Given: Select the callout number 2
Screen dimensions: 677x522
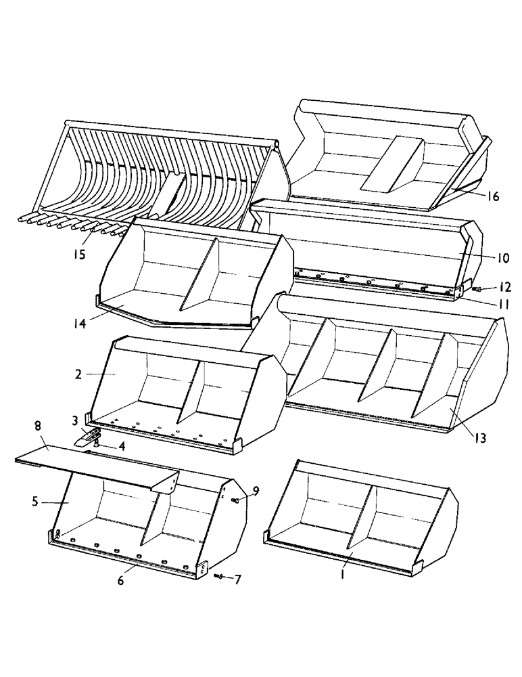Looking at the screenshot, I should click(79, 373).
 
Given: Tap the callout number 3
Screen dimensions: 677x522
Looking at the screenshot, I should click(76, 420).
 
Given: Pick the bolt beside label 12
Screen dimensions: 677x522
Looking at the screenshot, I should click(475, 289).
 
